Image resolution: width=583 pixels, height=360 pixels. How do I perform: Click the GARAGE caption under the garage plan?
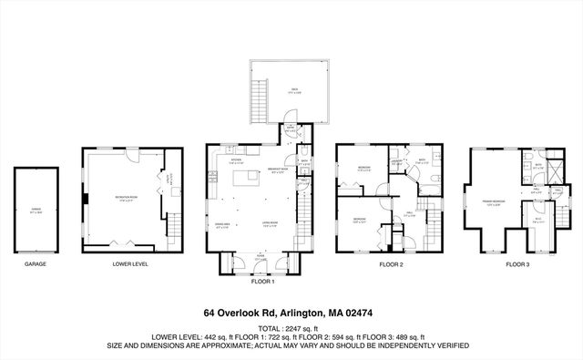(x=36, y=264)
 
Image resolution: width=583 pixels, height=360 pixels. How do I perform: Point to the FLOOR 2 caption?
(x=391, y=264)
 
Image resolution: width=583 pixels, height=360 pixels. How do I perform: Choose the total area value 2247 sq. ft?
(x=301, y=327)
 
